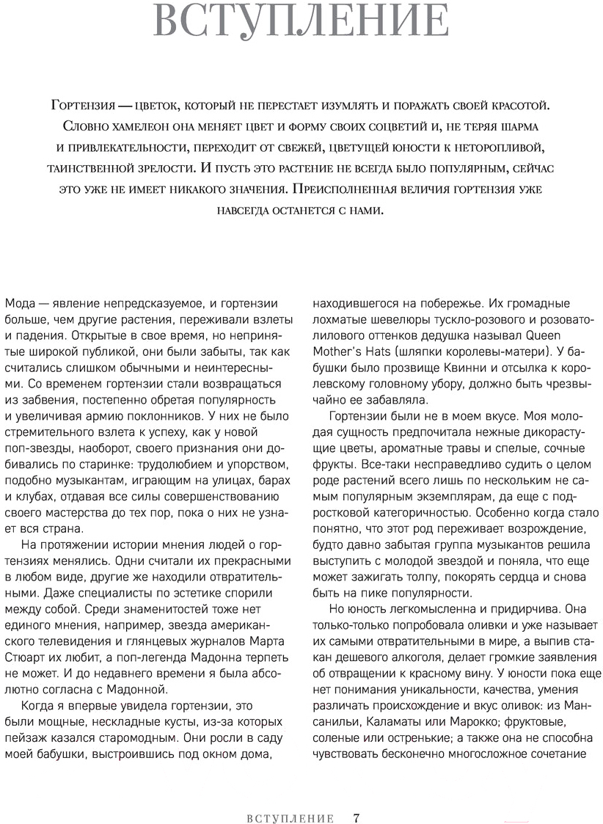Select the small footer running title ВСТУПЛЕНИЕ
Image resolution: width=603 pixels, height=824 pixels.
click(x=290, y=798)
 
